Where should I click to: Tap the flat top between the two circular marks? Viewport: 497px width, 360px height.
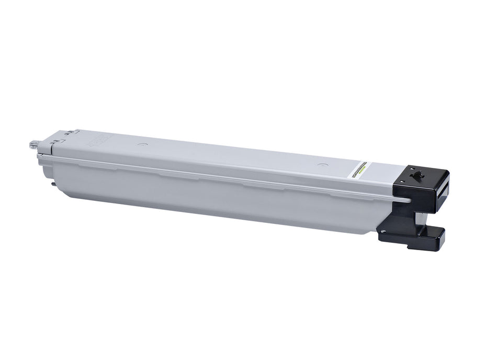point(230,154)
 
